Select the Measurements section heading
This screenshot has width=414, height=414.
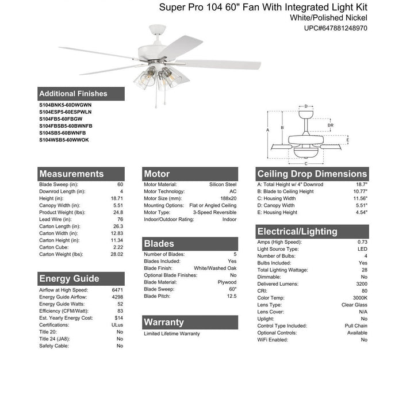71,174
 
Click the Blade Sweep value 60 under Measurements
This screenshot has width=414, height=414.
120,185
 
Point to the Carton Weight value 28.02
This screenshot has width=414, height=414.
116,254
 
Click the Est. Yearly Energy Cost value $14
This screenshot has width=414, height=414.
118,318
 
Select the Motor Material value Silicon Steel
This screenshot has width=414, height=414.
223,185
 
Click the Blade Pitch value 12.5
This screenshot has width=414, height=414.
231,296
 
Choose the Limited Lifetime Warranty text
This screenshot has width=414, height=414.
172,333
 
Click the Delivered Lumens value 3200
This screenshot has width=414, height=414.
361,283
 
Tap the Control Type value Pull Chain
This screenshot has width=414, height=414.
356,325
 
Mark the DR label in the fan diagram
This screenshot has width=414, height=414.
330,125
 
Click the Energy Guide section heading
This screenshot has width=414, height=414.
69,278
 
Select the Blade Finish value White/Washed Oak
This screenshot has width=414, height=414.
215,268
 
